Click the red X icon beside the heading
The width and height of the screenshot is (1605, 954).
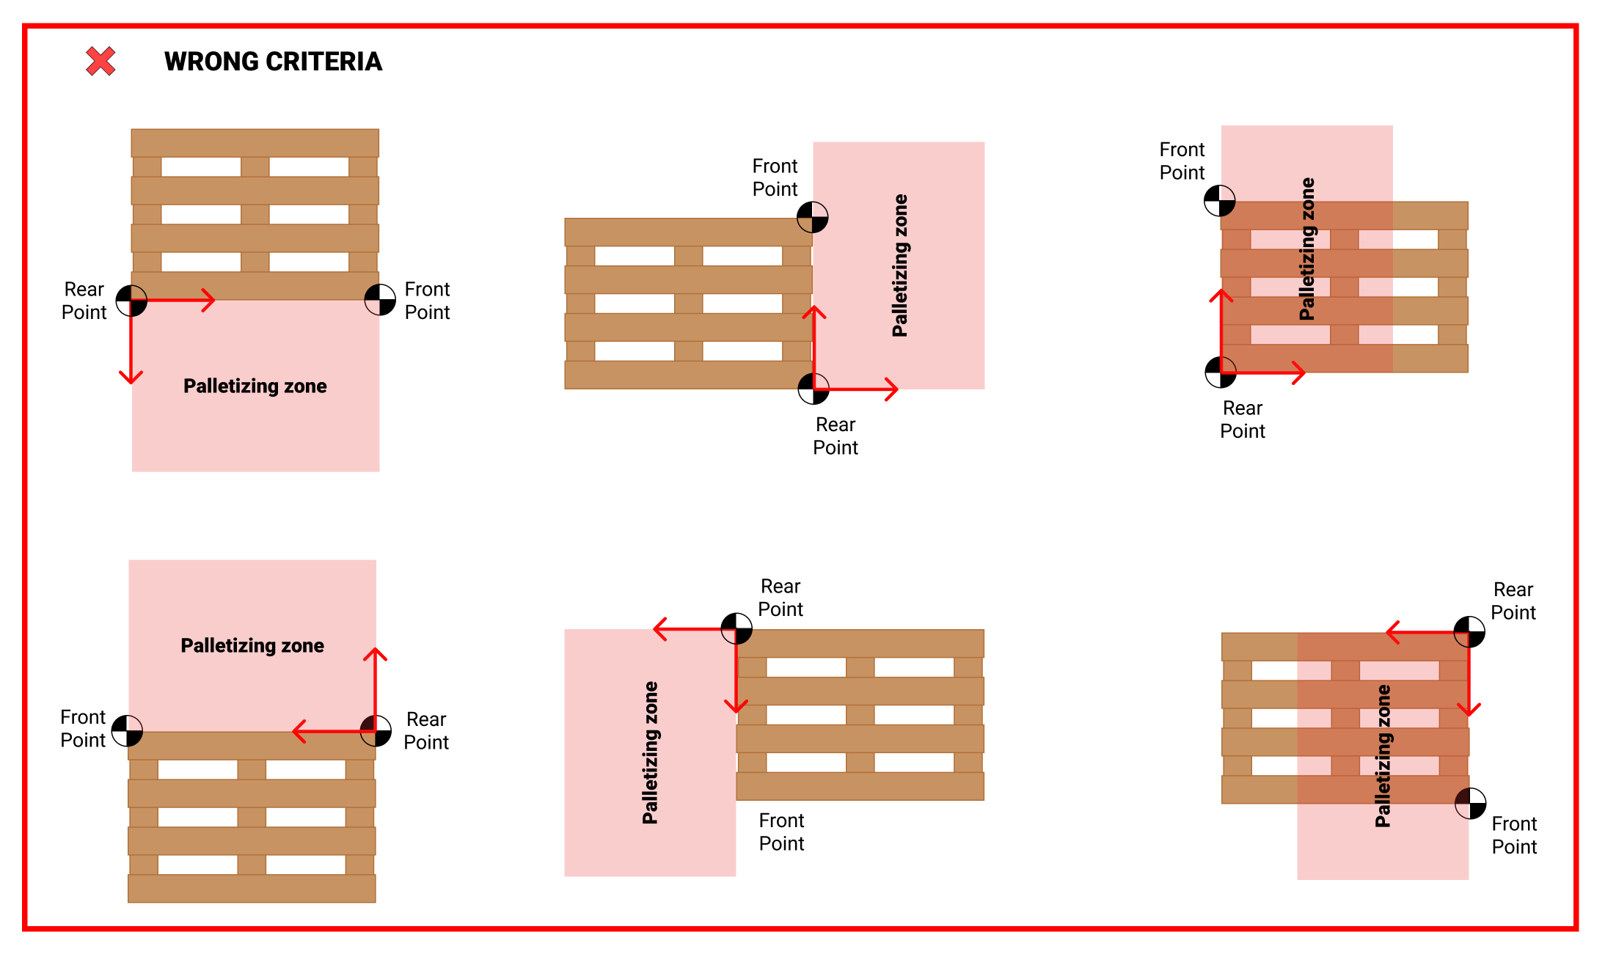tap(100, 61)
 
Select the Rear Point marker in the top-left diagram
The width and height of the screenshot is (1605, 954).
tap(131, 301)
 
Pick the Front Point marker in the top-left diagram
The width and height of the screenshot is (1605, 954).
tap(380, 300)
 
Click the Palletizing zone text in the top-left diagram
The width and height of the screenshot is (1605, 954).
tap(255, 386)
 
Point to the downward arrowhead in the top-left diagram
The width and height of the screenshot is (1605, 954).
tap(131, 378)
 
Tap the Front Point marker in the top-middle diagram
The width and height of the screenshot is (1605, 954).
tap(813, 217)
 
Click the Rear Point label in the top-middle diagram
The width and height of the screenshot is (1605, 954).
tap(836, 436)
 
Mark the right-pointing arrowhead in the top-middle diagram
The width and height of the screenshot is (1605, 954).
tap(892, 389)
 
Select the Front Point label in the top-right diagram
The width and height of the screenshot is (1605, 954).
tap(1182, 161)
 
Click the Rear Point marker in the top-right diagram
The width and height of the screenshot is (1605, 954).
tap(1221, 372)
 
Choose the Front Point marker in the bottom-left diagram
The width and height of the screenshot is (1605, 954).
tap(127, 730)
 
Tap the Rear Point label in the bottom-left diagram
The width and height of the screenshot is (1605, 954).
tap(426, 730)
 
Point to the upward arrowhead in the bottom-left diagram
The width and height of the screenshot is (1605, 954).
tap(375, 653)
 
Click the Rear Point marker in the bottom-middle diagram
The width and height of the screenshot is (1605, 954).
tap(736, 628)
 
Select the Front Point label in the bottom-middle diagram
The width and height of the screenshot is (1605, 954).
tap(781, 832)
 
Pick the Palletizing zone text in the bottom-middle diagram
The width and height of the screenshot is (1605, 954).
tap(650, 752)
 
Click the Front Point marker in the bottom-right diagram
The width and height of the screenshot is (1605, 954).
tap(1470, 804)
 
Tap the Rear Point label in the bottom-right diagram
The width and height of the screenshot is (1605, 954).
tap(1513, 601)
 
